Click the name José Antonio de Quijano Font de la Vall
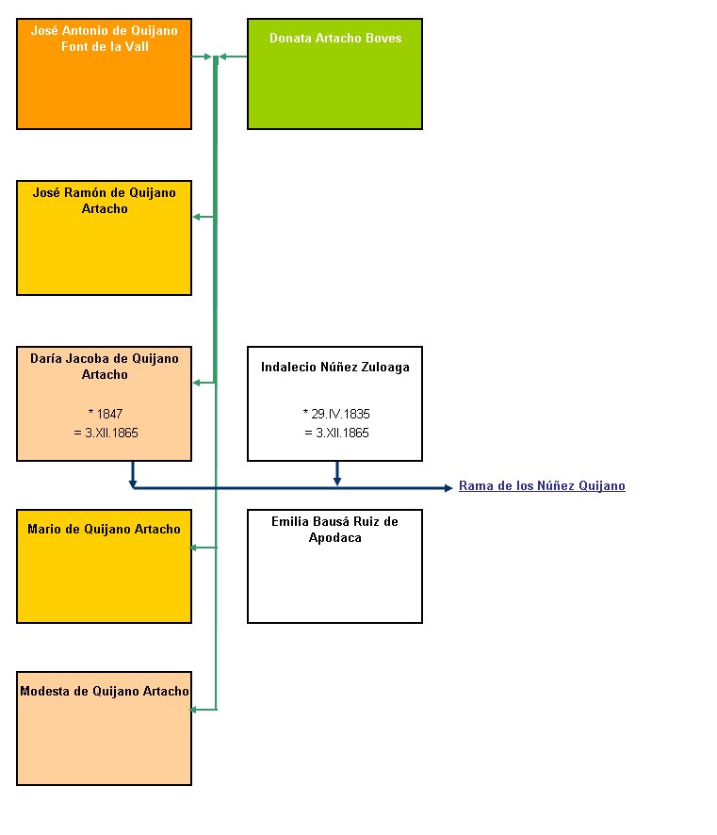pos(105,39)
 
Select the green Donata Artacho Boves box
pos(334,74)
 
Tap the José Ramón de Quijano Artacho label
pos(105,200)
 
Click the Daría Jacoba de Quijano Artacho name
pos(105,367)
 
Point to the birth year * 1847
pos(106,414)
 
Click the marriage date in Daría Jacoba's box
pos(106,433)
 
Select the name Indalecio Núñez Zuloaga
pos(334,367)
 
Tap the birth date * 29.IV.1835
pos(336,414)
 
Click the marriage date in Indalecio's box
pos(337,433)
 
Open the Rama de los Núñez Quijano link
pos(542,485)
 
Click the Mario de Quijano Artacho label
pos(105,529)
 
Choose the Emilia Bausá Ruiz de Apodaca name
pos(334,530)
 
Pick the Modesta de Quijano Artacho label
pos(105,691)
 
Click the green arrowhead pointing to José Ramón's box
pos(196,217)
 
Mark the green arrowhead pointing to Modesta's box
pos(194,710)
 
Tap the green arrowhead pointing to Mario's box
pos(194,548)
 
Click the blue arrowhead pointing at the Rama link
pos(448,488)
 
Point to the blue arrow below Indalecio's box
pos(337,473)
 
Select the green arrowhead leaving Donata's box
pos(223,57)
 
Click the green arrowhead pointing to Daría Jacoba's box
pos(196,383)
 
